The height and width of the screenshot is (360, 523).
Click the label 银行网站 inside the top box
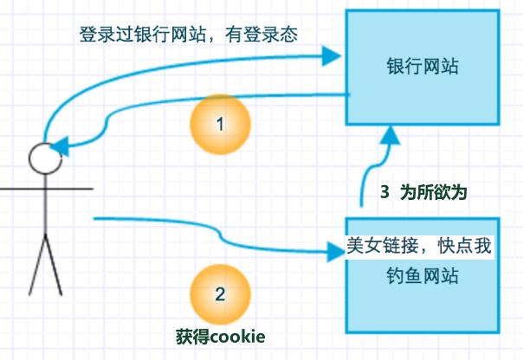click(x=423, y=66)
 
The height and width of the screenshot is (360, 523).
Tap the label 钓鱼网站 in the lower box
click(x=423, y=275)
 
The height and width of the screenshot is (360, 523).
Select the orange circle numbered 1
click(x=220, y=125)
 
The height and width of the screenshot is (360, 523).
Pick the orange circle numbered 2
click(x=220, y=294)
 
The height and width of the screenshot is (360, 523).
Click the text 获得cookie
click(x=221, y=337)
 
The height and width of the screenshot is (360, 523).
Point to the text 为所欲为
click(x=433, y=192)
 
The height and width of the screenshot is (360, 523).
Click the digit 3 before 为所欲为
click(x=384, y=192)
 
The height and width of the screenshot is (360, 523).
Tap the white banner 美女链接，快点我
click(x=419, y=246)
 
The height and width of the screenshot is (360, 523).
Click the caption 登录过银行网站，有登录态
click(x=189, y=35)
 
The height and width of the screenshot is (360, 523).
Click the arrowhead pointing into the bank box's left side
click(x=332, y=56)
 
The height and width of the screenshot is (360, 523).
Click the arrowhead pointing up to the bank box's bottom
click(x=390, y=135)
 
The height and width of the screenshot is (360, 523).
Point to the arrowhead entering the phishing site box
click(x=336, y=252)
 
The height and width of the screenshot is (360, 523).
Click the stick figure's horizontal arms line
click(x=47, y=189)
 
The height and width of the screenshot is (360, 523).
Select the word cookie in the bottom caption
click(x=238, y=337)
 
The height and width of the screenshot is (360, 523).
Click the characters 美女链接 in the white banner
click(x=383, y=246)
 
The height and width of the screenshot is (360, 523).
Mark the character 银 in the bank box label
click(x=395, y=66)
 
